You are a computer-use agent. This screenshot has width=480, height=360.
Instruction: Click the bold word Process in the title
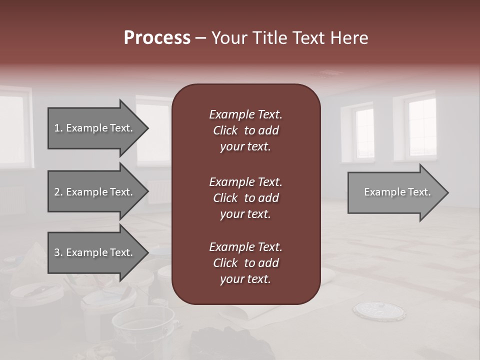[x=157, y=38]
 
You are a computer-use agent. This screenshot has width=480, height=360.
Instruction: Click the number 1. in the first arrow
[x=58, y=128]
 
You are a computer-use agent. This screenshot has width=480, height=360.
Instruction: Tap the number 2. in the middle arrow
[x=58, y=192]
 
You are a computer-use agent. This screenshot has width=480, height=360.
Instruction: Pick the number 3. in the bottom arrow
[x=58, y=252]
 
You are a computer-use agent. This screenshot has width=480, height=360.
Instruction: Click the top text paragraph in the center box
[x=245, y=130]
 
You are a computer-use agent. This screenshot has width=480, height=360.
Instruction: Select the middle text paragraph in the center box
[x=245, y=198]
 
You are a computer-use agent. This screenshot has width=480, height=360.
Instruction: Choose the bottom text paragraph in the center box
[x=245, y=263]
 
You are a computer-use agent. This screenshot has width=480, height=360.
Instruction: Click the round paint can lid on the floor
[x=378, y=311]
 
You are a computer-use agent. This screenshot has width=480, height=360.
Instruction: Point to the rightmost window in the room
[x=422, y=127]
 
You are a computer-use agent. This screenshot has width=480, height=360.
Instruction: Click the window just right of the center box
[x=363, y=133]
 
